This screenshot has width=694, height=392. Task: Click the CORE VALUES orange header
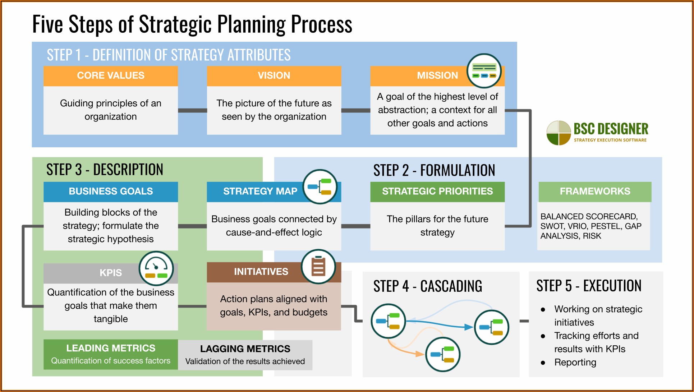111,75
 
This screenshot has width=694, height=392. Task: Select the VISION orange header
274,75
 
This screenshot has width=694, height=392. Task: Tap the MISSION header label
437,75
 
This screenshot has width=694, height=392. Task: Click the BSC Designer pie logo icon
559,133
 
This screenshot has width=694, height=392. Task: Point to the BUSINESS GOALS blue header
111,191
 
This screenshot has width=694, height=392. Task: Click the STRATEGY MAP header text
260,191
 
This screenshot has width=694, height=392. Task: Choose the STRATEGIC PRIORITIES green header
437,191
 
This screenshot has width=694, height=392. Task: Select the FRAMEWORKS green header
595,191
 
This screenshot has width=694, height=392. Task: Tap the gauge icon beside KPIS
156,268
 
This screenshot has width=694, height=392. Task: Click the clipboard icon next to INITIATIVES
318,267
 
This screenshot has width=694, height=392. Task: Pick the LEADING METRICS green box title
111,348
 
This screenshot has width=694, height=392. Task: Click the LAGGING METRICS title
245,349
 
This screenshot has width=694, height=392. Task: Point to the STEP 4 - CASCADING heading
428,286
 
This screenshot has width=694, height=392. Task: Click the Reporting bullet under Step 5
575,362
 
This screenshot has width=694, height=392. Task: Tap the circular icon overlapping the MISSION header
484,71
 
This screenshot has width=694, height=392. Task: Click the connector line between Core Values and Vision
192,110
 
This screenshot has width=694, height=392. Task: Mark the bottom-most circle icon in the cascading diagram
442,355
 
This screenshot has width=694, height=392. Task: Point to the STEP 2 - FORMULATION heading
434,170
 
